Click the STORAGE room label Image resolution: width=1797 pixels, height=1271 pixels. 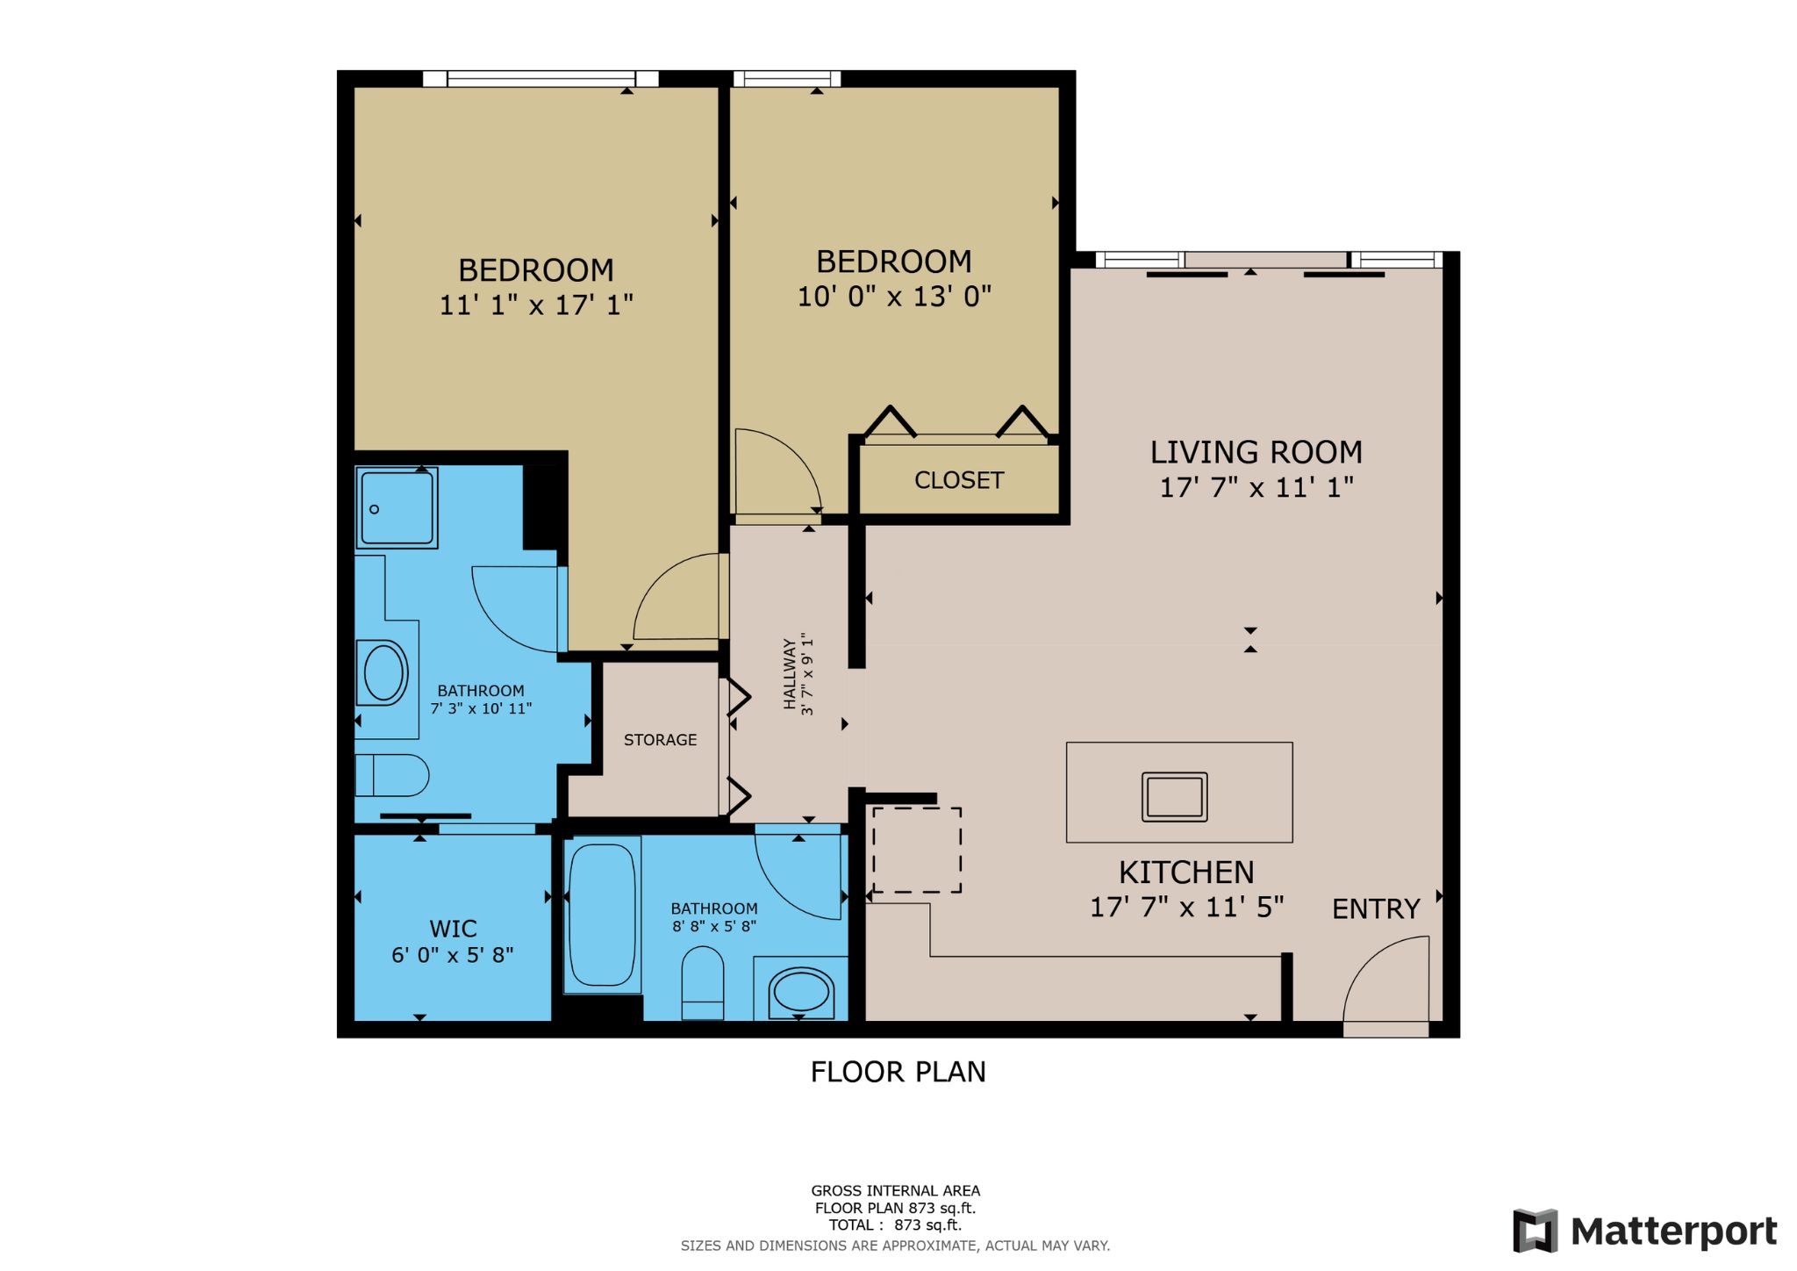[660, 740]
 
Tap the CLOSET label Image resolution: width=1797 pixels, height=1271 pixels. [958, 480]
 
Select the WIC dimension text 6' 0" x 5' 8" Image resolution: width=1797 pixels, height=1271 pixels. [452, 955]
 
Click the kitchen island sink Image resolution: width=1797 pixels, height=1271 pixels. [1174, 797]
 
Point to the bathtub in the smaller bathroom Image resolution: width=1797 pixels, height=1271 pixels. [602, 915]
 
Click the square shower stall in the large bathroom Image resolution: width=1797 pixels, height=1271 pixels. [397, 508]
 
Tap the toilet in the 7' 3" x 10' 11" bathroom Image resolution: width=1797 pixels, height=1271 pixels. [392, 775]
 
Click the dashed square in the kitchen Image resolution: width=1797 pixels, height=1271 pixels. [916, 850]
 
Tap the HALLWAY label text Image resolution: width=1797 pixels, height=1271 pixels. [790, 674]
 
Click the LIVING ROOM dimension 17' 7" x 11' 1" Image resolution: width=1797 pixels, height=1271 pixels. [1256, 487]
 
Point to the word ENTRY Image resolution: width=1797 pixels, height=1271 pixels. [1375, 909]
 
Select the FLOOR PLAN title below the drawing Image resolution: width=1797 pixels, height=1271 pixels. [898, 1072]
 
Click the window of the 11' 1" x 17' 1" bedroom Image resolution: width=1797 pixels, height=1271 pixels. [541, 79]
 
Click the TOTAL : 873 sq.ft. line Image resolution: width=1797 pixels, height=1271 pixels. [895, 1225]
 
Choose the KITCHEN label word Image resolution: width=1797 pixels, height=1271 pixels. [1185, 872]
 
